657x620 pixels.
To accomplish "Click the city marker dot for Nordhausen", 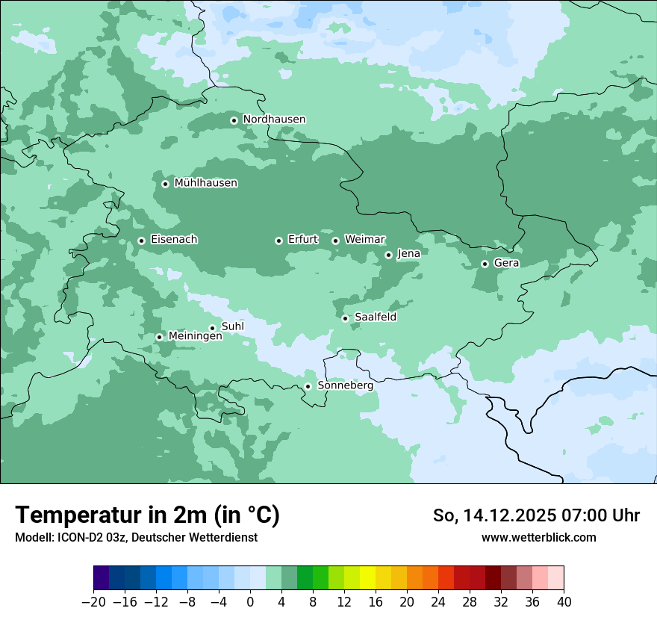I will [x=234, y=120].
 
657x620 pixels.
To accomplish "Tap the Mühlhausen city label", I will [x=205, y=183].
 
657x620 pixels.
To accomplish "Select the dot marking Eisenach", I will [x=141, y=241].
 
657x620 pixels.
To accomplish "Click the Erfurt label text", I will [x=302, y=240].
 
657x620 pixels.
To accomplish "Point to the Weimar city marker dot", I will [x=335, y=241].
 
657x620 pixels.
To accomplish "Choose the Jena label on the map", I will [x=408, y=254].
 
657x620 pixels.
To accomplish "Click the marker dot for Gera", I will [x=485, y=264].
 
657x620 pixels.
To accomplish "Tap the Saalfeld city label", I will [x=375, y=317].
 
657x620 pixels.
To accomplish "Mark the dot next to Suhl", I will [x=212, y=328].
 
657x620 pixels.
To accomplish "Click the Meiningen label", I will [x=195, y=337].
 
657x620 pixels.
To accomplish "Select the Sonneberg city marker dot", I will [x=308, y=387].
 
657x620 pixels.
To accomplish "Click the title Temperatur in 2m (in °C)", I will [x=147, y=515].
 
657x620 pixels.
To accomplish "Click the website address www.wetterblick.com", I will [x=538, y=538].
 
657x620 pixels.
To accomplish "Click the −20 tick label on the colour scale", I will [x=93, y=602].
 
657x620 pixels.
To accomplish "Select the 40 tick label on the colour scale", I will [x=564, y=602].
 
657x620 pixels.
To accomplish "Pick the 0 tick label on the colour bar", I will [x=250, y=602].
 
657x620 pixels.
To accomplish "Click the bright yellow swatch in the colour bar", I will [x=367, y=578].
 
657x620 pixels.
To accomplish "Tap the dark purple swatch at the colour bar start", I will [x=101, y=578].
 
